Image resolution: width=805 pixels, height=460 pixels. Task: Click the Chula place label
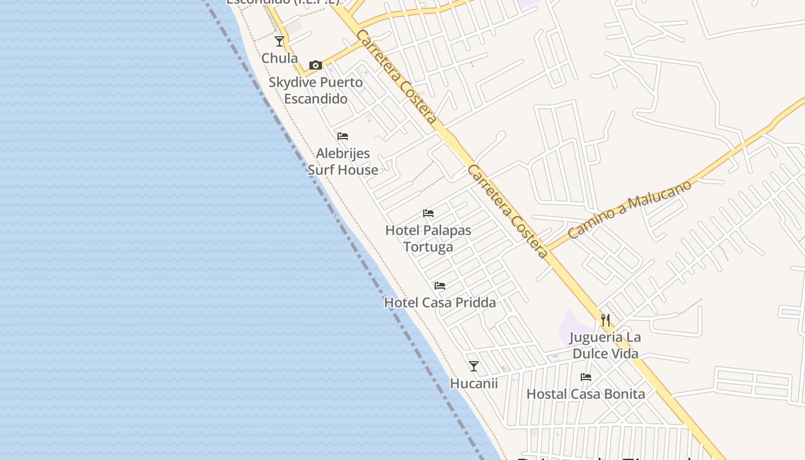tap(279, 58)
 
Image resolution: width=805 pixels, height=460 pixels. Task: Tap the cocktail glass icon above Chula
tap(279, 41)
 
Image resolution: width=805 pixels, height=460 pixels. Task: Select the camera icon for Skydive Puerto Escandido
tap(315, 65)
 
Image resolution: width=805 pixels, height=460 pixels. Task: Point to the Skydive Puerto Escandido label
tap(316, 90)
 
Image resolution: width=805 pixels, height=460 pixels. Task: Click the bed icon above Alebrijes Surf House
tap(343, 136)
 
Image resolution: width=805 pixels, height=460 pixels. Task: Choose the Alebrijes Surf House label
tap(343, 162)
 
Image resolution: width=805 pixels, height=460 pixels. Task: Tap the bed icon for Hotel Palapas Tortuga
tap(428, 213)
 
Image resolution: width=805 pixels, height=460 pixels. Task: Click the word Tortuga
tap(428, 247)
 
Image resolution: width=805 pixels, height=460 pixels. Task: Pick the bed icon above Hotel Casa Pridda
tap(440, 286)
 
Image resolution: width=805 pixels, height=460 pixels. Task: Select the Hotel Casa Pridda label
tap(440, 302)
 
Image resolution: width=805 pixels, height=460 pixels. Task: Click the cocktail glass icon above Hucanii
tap(474, 366)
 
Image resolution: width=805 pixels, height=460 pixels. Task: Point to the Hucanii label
tap(474, 384)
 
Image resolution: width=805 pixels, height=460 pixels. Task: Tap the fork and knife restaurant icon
tap(605, 320)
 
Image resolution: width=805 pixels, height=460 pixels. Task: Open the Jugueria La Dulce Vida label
tap(605, 345)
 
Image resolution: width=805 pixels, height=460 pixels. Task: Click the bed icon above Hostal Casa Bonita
tap(586, 377)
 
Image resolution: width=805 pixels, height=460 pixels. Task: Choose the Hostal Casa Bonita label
tap(586, 394)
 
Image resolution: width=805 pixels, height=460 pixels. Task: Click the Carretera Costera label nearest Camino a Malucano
tap(508, 212)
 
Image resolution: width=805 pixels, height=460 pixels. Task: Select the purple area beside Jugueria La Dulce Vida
tap(572, 327)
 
